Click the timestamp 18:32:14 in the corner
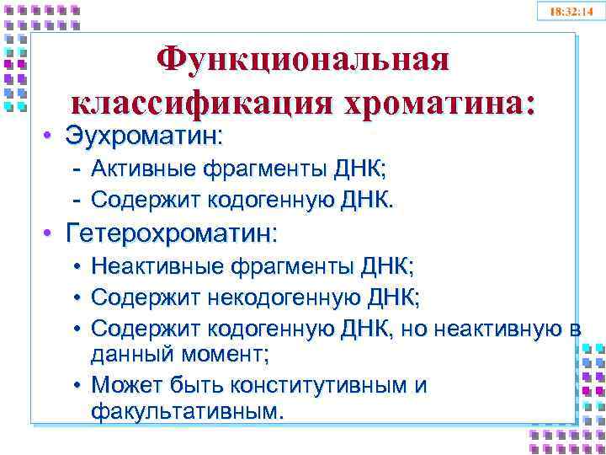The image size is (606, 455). [x=571, y=12]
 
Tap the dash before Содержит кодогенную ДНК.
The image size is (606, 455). [x=77, y=200]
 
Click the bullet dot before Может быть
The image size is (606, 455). [x=77, y=386]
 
